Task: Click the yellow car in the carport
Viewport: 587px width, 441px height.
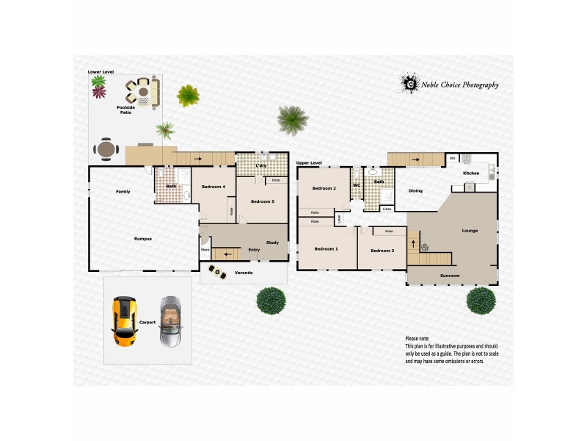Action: pyautogui.click(x=124, y=321)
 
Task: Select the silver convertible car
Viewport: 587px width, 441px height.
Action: pyautogui.click(x=170, y=322)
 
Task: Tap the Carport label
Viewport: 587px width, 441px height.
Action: pyautogui.click(x=147, y=322)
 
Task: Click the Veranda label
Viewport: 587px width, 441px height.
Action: pyautogui.click(x=244, y=273)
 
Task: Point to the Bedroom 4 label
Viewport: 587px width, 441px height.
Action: pyautogui.click(x=213, y=187)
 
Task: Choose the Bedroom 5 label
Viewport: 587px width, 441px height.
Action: pyautogui.click(x=262, y=201)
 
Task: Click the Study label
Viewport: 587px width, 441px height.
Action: pyautogui.click(x=272, y=242)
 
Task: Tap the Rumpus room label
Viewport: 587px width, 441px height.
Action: pyautogui.click(x=143, y=238)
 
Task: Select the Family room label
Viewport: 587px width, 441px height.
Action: pyautogui.click(x=123, y=192)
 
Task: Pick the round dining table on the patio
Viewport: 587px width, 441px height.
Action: pyautogui.click(x=107, y=150)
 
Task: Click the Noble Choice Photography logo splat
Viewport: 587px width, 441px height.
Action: pyautogui.click(x=409, y=84)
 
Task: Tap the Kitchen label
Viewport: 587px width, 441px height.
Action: pyautogui.click(x=471, y=173)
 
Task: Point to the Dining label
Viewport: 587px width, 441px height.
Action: pyautogui.click(x=415, y=191)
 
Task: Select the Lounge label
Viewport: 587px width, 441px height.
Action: pyautogui.click(x=470, y=231)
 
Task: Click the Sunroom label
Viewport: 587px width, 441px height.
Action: pyautogui.click(x=449, y=276)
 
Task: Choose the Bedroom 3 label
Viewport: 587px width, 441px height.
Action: pyautogui.click(x=382, y=251)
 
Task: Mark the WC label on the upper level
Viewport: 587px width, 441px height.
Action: pyautogui.click(x=356, y=185)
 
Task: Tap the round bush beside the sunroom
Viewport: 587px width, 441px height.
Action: pyautogui.click(x=481, y=300)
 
